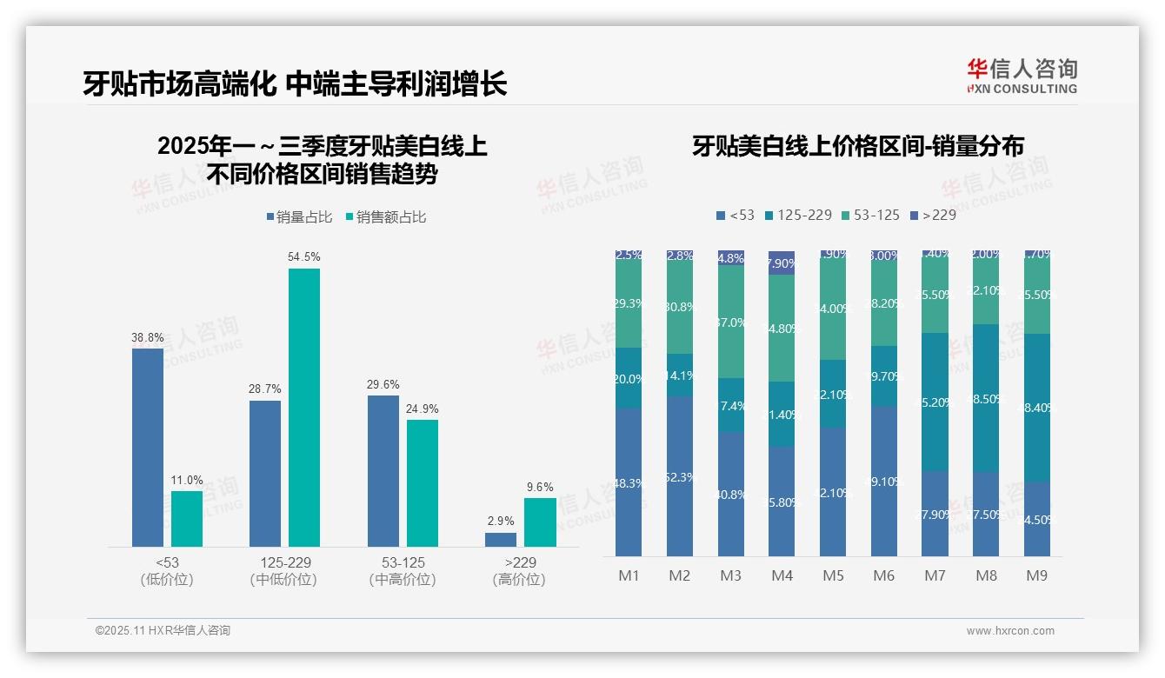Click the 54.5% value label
(x=304, y=256)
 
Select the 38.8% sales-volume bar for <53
(x=148, y=447)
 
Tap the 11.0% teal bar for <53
(x=187, y=519)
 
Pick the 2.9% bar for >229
(x=501, y=540)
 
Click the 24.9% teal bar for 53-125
(x=423, y=483)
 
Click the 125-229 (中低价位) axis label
(x=283, y=571)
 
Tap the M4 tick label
(x=782, y=575)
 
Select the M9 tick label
(x=1037, y=575)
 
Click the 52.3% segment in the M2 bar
(x=680, y=476)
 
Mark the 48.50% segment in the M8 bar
(x=986, y=398)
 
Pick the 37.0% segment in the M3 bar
(x=731, y=322)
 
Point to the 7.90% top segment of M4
(x=782, y=263)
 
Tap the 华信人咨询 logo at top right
(x=1022, y=76)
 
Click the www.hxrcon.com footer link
(x=1010, y=631)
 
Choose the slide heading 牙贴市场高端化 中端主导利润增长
(x=296, y=83)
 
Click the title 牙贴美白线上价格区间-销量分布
(x=858, y=146)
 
